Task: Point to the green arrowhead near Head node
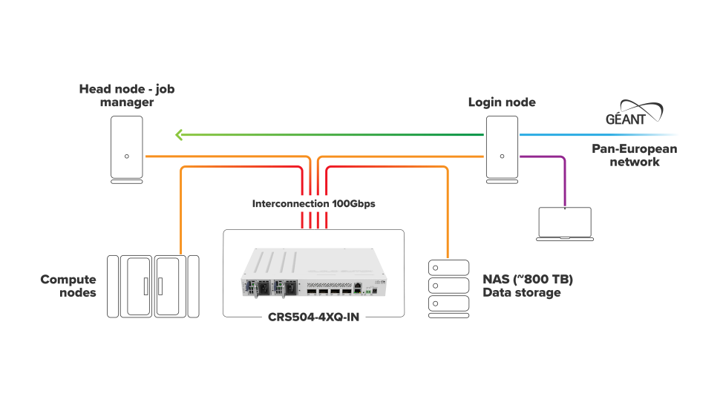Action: [179, 135]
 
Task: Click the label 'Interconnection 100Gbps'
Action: [313, 203]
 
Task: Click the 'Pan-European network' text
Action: [634, 155]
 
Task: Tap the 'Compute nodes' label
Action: [68, 286]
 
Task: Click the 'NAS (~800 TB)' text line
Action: [528, 280]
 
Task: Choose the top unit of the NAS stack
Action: [448, 267]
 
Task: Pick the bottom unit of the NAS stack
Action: [448, 305]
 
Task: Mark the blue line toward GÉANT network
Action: [594, 135]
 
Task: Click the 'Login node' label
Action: [502, 102]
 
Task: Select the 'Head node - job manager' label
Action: [127, 96]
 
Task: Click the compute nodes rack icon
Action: [153, 286]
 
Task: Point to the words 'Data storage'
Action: [521, 293]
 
